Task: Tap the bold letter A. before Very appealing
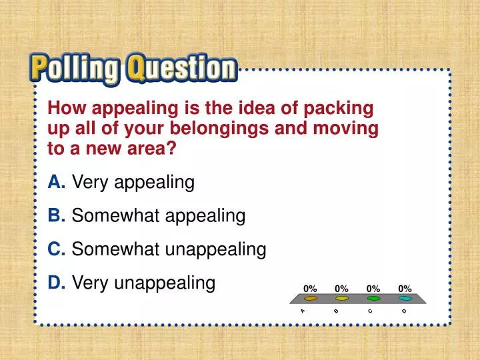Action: coord(56,182)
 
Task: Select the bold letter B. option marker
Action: coord(56,216)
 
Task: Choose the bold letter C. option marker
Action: coord(57,250)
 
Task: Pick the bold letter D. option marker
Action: coord(57,284)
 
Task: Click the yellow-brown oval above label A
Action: coord(310,299)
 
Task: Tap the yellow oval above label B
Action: coord(342,299)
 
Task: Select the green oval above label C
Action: coord(373,299)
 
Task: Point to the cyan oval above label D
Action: coord(405,299)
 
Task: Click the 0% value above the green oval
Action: coord(373,289)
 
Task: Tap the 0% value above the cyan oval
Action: coord(405,289)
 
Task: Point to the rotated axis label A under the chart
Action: coord(303,311)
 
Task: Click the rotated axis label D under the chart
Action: coord(404,311)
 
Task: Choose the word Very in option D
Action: coord(91,284)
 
